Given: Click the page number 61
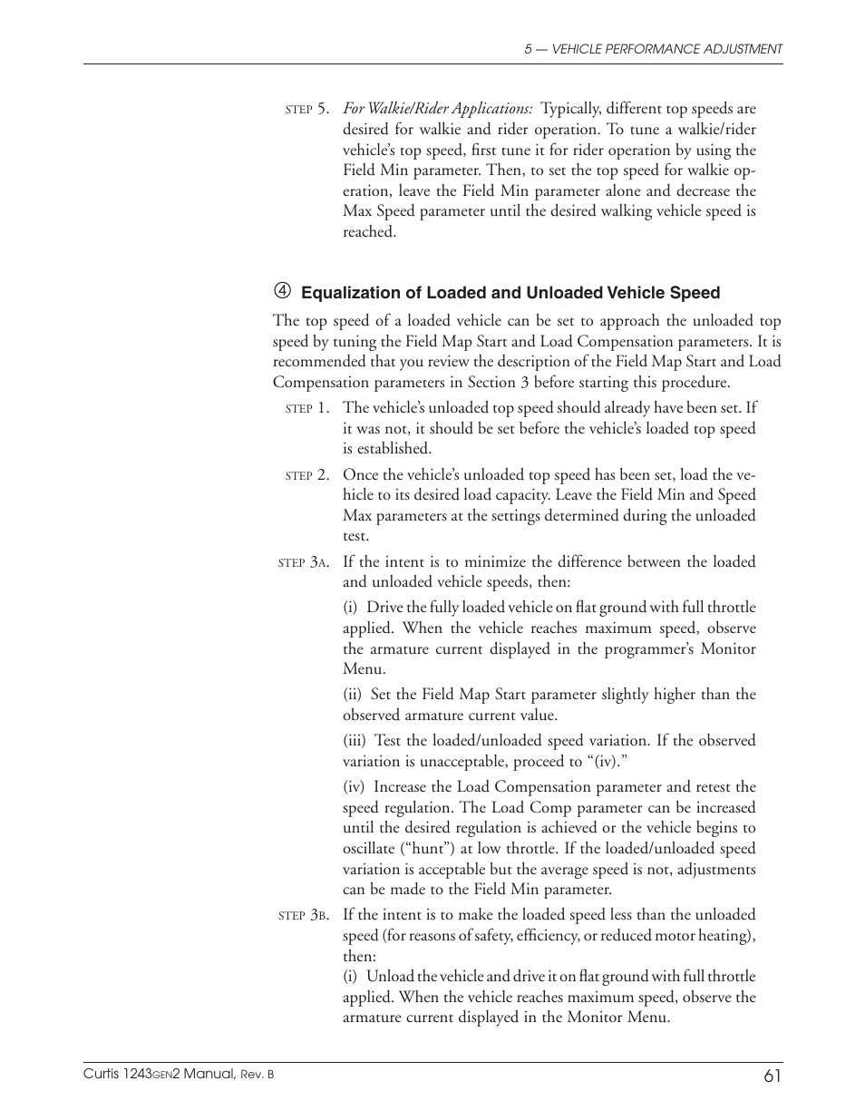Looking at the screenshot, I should point(772,1076).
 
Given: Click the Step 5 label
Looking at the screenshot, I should point(306,109).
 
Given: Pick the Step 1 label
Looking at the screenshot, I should point(306,408).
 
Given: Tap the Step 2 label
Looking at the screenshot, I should point(306,475).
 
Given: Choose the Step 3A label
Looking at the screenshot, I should point(303,562).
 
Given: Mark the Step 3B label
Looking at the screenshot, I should point(303,915).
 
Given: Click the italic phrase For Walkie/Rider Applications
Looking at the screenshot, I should point(437,109).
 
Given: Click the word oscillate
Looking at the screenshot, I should point(369,849).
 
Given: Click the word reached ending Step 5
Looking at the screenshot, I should point(369,232).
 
